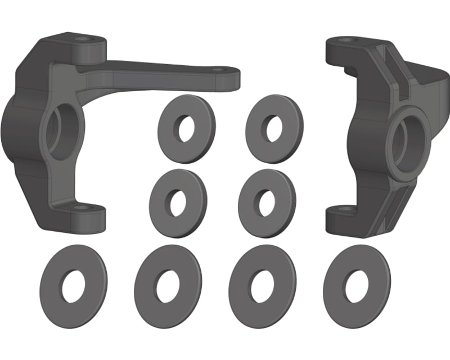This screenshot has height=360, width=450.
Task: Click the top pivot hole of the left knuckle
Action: (x=84, y=40)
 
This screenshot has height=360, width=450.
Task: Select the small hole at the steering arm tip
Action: (x=219, y=71)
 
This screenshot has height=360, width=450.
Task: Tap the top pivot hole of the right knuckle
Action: (x=345, y=40)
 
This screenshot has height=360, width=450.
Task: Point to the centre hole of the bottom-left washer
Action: (x=73, y=285)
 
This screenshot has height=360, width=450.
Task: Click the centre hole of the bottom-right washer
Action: (x=357, y=285)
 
